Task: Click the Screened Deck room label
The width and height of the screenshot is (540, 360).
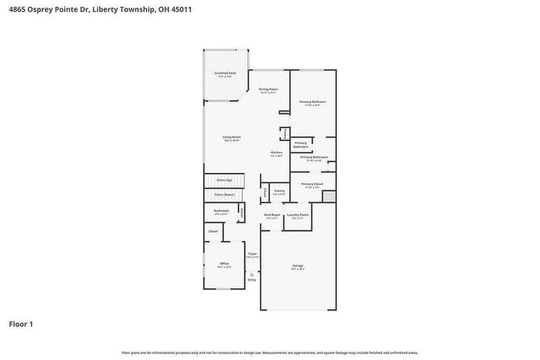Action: pyautogui.click(x=225, y=73)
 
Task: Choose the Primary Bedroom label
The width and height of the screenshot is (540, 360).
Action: pyautogui.click(x=312, y=102)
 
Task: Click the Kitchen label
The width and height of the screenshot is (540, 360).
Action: pyautogui.click(x=276, y=153)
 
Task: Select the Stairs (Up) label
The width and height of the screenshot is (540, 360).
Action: pyautogui.click(x=224, y=180)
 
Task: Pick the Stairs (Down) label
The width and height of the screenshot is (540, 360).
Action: pyautogui.click(x=224, y=194)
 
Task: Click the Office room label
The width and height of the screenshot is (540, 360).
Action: pyautogui.click(x=224, y=264)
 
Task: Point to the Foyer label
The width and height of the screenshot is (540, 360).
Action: pyautogui.click(x=251, y=254)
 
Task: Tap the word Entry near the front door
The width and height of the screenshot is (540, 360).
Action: pyautogui.click(x=251, y=280)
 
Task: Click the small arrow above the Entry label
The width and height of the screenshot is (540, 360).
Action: pyautogui.click(x=251, y=273)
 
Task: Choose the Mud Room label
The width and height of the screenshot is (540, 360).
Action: pyautogui.click(x=272, y=215)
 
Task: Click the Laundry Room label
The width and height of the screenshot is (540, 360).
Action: pyautogui.click(x=298, y=215)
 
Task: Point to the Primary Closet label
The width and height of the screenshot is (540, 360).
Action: pyautogui.click(x=311, y=184)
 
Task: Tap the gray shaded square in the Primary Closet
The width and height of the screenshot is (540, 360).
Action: pyautogui.click(x=329, y=196)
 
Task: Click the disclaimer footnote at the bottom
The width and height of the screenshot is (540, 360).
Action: pyautogui.click(x=269, y=352)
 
